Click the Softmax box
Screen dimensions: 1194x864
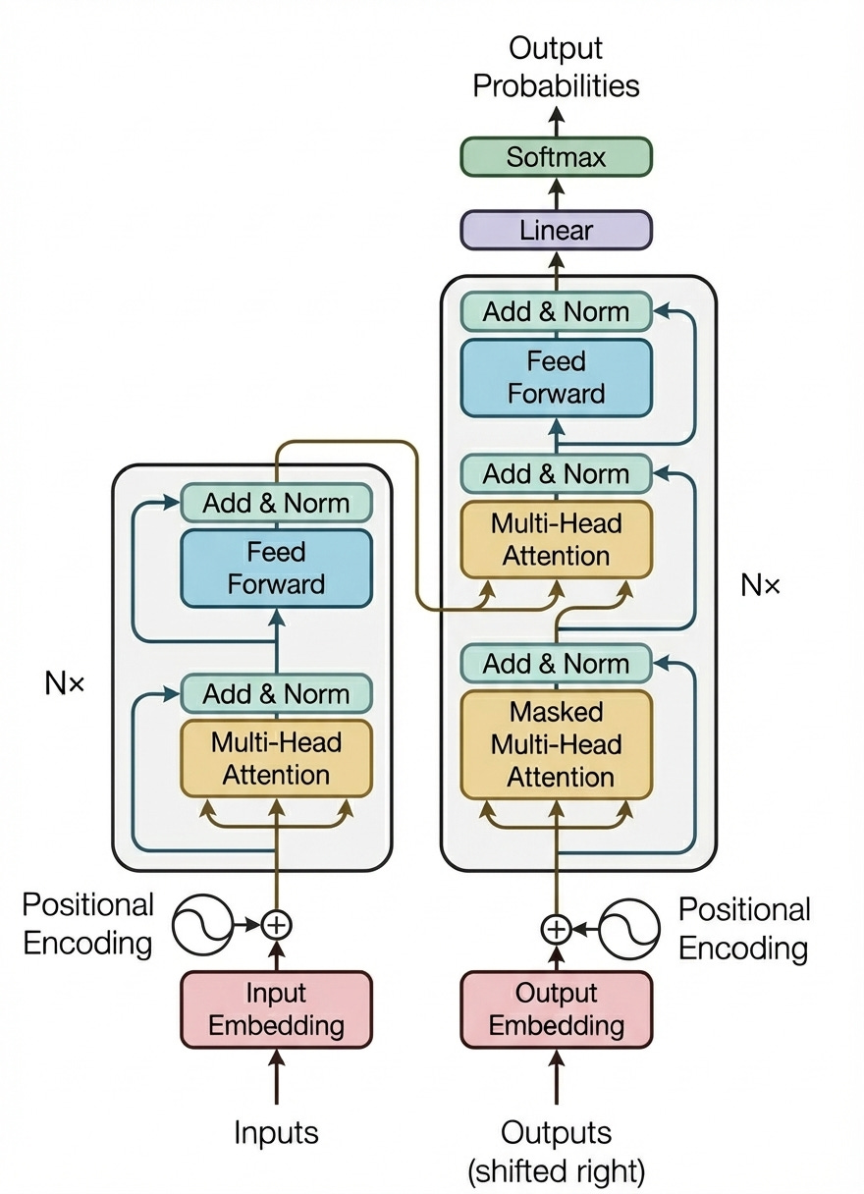556,157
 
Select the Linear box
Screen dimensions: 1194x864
556,231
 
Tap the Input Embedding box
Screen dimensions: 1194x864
276,1009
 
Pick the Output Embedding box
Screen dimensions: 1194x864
556,1009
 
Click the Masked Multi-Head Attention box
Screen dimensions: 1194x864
556,744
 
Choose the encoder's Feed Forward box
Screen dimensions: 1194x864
276,568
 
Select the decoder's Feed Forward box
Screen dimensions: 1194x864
556,378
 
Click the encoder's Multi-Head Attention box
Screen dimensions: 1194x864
276,758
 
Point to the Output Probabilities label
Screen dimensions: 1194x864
556,67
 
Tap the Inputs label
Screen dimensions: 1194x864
276,1132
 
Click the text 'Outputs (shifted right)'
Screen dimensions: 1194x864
556,1151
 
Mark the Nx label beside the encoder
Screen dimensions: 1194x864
65,683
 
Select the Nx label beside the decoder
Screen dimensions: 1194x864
760,586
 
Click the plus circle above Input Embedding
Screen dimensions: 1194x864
277,924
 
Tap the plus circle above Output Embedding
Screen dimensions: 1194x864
556,927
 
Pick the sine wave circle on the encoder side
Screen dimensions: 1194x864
202,924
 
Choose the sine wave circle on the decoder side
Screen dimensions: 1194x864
628,927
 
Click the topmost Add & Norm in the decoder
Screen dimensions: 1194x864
556,312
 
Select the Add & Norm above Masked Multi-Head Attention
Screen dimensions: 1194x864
556,664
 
